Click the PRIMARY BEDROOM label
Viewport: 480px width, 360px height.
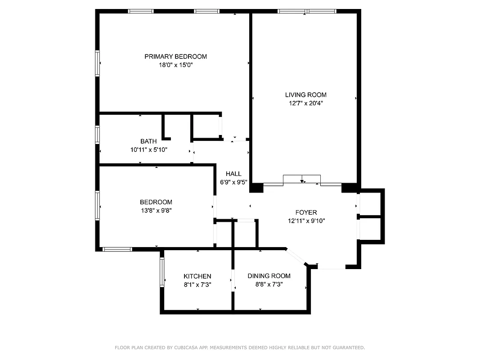[x=175, y=56]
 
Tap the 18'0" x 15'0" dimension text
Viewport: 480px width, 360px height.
[x=175, y=65]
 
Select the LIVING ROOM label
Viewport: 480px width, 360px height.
[x=305, y=94]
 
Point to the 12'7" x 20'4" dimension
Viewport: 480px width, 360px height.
[x=305, y=103]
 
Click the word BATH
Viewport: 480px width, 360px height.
[x=148, y=141]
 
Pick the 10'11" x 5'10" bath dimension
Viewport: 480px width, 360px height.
[x=148, y=150]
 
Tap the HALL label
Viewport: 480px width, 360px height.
[x=233, y=174]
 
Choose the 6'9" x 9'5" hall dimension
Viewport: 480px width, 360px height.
[x=233, y=182]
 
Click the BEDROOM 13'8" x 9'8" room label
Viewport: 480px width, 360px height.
[x=156, y=202]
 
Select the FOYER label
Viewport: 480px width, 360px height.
[x=306, y=212]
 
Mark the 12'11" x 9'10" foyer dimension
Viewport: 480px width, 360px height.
[x=306, y=221]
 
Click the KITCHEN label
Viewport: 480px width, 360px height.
[x=197, y=276]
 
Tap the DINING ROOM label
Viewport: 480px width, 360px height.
[x=269, y=276]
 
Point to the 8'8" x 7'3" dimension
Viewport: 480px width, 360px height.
[x=269, y=284]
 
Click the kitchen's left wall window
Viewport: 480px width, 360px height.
[x=162, y=272]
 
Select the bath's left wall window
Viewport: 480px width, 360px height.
[x=97, y=134]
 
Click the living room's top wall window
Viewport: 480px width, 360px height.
[x=307, y=11]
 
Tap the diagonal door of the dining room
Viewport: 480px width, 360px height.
[x=296, y=256]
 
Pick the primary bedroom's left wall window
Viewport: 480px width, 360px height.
[x=97, y=63]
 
